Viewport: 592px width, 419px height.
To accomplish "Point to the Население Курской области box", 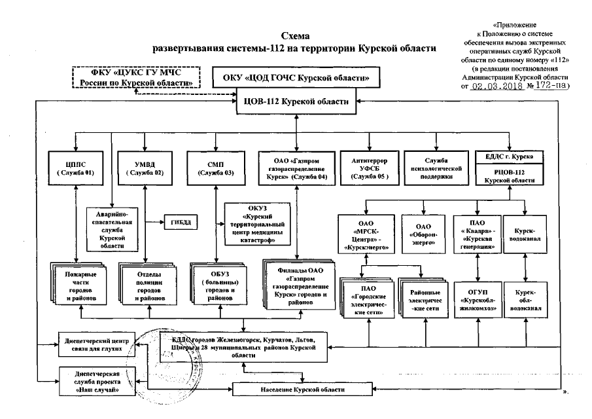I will click(x=297, y=390).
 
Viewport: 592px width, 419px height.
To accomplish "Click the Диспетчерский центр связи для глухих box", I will click(x=98, y=346).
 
